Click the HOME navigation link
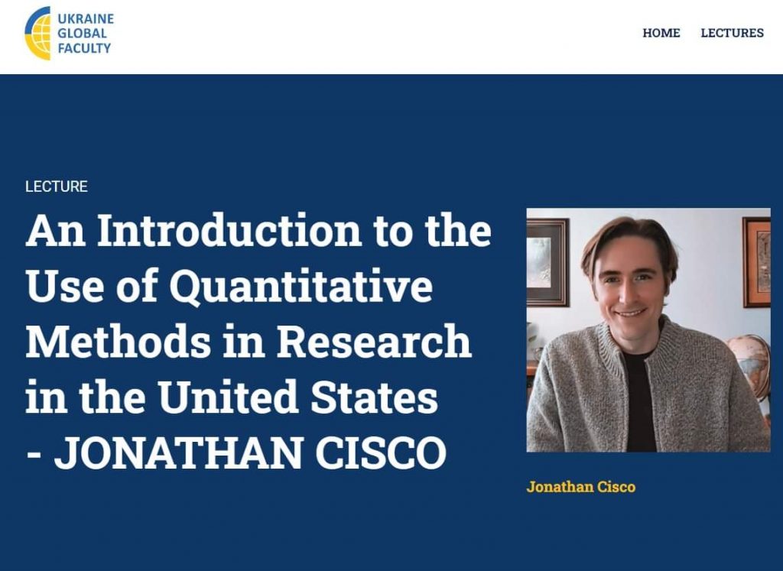pos(661,33)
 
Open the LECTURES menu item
pos(732,33)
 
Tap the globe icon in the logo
pos(38,33)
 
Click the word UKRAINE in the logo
pos(86,19)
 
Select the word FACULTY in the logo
pos(84,48)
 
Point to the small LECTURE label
pos(57,187)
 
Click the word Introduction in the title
pos(229,231)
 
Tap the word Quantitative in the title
pos(301,286)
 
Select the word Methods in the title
pos(118,342)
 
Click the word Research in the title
pos(374,342)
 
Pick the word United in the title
pos(229,397)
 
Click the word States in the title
pos(374,397)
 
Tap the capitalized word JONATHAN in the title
pos(179,453)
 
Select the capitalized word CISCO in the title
pos(381,453)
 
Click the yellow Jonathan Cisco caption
pos(581,487)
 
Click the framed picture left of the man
pos(547,262)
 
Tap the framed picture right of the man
pos(756,262)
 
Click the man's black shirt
pos(639,399)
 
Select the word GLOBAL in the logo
pos(82,34)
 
